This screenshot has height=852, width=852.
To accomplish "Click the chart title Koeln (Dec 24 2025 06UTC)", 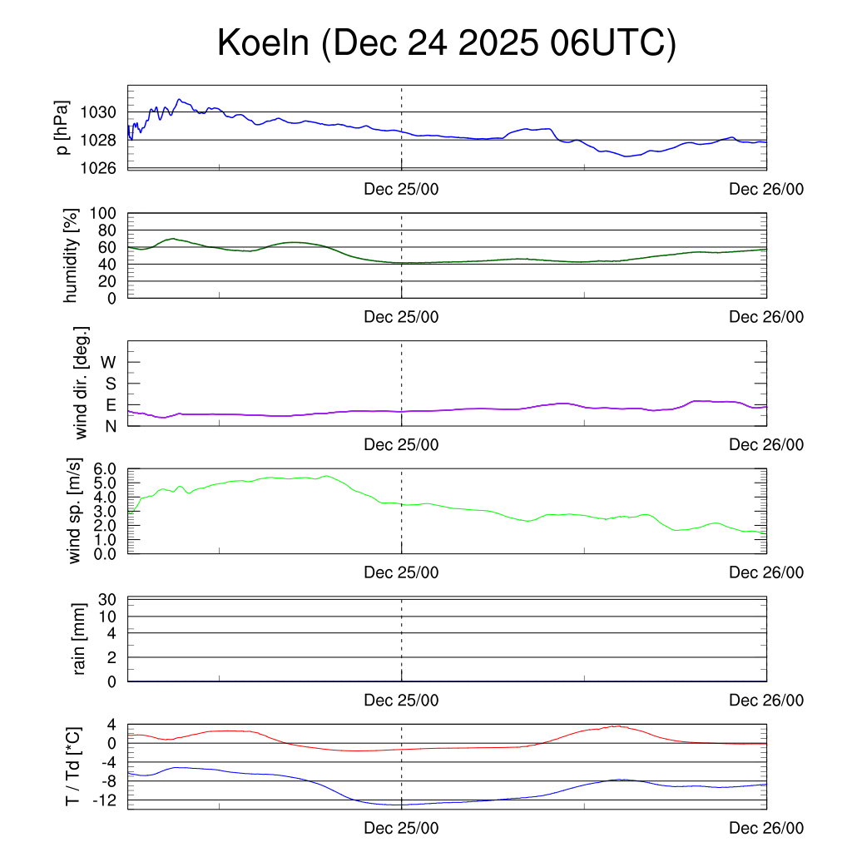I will coord(447,43).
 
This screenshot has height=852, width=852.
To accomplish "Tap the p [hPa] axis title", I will coord(62,127).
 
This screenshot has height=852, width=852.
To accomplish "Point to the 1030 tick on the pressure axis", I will coord(104,112).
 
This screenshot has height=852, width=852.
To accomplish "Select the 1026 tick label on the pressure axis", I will coord(104,168).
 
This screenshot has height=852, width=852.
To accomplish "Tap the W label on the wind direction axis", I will coord(109,362).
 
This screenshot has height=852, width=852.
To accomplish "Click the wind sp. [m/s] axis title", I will coord(75,512).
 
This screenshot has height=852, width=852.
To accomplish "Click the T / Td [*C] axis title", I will coord(72,767).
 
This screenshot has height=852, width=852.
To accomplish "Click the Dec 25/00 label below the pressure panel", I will coord(401,189).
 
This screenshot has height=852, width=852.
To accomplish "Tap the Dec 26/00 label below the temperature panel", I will coord(766,829).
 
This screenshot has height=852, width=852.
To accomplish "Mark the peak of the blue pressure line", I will coord(179,99).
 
